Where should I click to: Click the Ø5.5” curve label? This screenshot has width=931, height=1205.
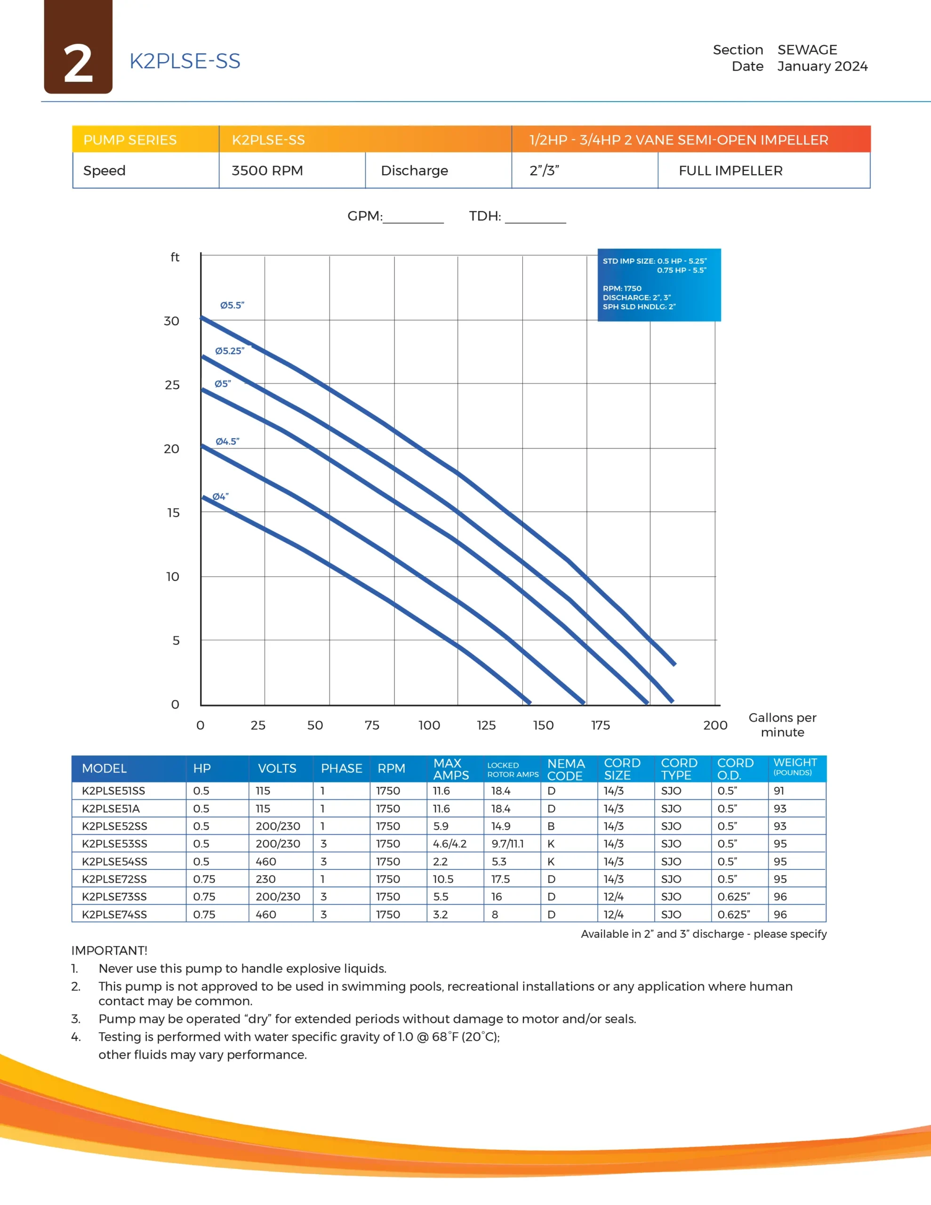[x=232, y=305]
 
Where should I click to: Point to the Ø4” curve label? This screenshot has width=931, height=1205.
[x=220, y=497]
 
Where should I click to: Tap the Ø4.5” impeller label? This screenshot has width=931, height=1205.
[x=227, y=442]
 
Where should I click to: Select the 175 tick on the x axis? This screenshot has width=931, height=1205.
[x=601, y=725]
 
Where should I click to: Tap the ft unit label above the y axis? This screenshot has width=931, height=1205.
[x=175, y=257]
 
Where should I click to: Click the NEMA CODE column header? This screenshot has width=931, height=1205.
[x=566, y=769]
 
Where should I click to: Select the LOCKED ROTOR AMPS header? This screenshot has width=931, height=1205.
[x=512, y=770]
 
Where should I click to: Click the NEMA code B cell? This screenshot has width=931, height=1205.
[x=551, y=826]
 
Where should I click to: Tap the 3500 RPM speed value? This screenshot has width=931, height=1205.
[x=267, y=170]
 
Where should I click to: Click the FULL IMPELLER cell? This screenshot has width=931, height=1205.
[x=730, y=170]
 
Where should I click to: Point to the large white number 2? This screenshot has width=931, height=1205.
[x=78, y=64]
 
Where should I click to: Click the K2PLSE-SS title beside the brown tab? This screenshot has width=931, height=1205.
[x=185, y=61]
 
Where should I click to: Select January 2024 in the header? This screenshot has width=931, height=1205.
[x=822, y=66]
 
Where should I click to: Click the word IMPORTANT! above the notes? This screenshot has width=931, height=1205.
[x=109, y=950]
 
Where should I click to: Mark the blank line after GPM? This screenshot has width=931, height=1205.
[x=413, y=221]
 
